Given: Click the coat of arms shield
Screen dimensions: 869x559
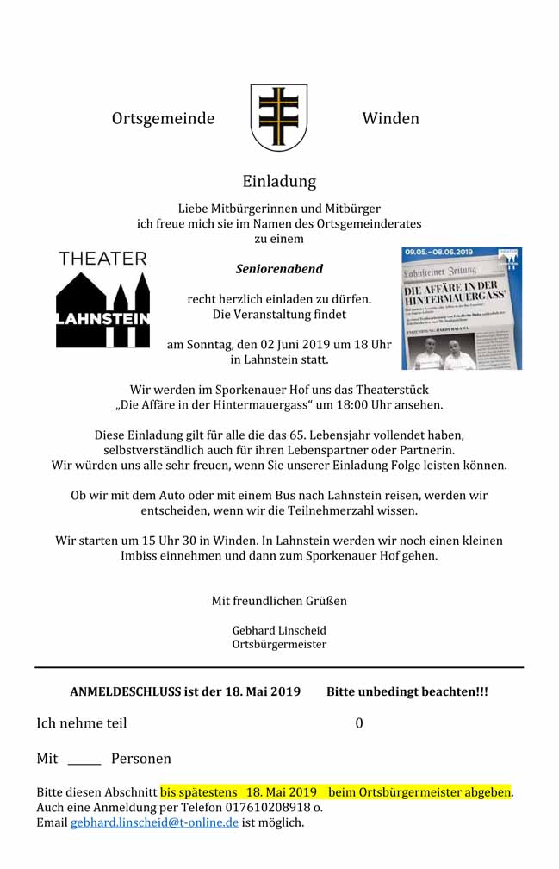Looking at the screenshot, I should pos(278,117).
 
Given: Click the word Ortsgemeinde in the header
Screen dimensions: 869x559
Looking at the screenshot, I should pos(163,119).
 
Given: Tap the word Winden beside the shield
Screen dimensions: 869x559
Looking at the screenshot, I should pos(390,119).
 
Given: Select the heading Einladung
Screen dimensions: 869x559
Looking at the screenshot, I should pos(279,182).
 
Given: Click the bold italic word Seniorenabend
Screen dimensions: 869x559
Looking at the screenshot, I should pos(279,269).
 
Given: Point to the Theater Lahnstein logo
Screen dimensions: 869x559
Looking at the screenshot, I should pos(102,299).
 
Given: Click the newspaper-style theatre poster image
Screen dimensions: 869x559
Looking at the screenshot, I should pos(462,309).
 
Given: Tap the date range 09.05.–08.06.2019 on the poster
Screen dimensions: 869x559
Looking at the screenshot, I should pos(439,252).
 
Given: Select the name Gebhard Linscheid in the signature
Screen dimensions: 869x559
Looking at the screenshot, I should pos(279,630).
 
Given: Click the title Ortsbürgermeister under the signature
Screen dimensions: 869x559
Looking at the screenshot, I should pos(279,644).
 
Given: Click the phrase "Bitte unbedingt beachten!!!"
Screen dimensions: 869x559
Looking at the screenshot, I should pos(407,691).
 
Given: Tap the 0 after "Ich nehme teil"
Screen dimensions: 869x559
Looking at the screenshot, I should pos(359,723).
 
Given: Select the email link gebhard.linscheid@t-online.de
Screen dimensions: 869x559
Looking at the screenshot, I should pos(154,822).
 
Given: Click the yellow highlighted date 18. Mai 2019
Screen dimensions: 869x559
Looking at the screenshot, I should pos(282,791).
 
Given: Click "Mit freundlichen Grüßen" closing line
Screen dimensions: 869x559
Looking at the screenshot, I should pos(279,601).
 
